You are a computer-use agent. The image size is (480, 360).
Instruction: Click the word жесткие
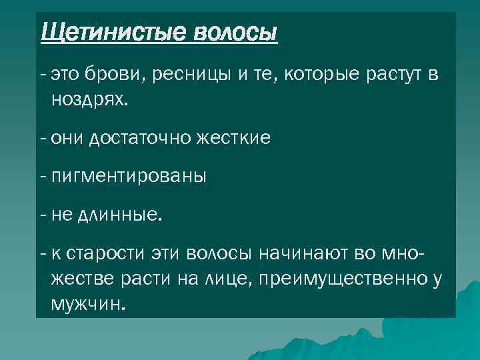pyautogui.click(x=232, y=138)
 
